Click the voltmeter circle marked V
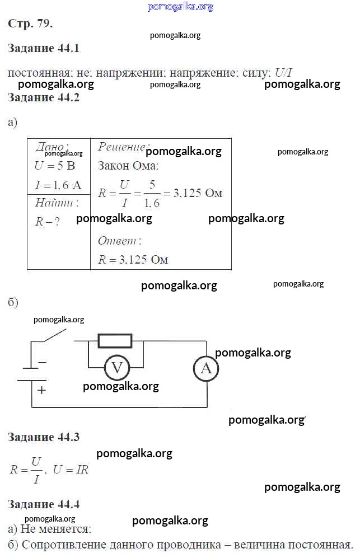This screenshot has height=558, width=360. [117, 368]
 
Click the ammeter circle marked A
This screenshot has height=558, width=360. [206, 368]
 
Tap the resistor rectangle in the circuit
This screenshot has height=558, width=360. [115, 341]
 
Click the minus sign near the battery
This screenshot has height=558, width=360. [42, 363]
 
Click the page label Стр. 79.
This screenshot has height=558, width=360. [31, 24]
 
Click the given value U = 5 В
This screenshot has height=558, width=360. [54, 166]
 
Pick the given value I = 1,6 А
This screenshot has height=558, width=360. [58, 185]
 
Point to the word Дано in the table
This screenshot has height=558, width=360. [52, 147]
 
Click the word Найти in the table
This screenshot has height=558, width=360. [56, 203]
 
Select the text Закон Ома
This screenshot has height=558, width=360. [128, 166]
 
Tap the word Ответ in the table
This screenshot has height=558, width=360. [119, 241]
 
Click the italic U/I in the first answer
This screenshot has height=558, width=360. [284, 73]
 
